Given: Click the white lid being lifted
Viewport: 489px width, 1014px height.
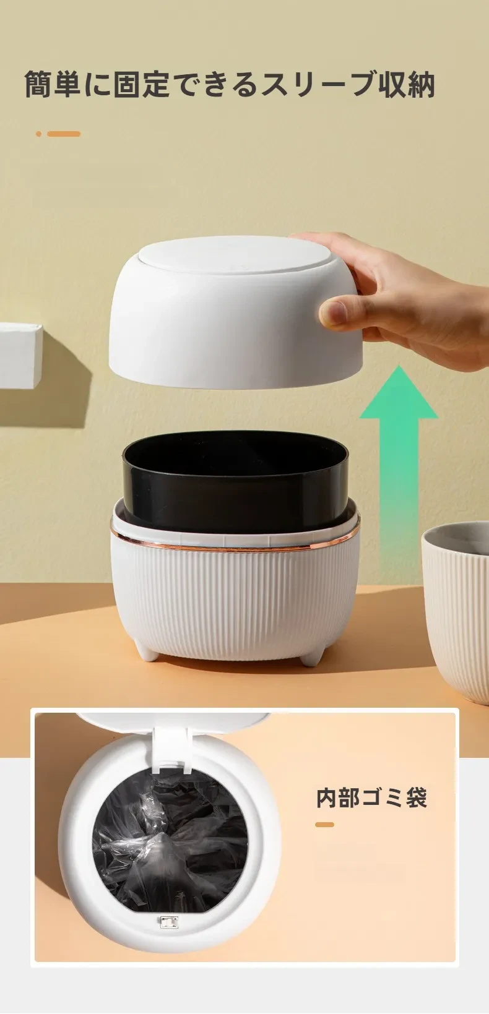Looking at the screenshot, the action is [235, 312].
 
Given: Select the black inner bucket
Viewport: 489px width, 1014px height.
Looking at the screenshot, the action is [235, 480].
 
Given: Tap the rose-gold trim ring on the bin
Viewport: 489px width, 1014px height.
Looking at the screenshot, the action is [235, 547].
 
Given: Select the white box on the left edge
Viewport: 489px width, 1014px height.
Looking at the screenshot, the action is [21, 356].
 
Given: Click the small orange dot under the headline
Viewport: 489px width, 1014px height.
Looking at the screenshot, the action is [38, 134].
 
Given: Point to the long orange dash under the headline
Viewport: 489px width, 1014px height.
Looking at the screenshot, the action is [64, 134].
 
